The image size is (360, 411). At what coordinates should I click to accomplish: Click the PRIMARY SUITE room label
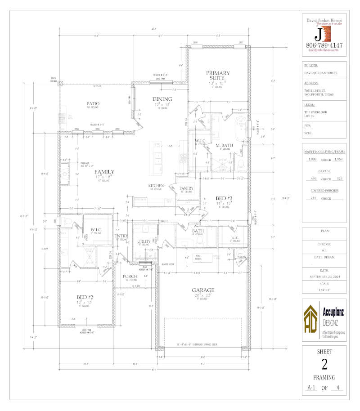[x=218, y=76]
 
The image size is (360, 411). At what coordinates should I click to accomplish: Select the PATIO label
[x=93, y=103]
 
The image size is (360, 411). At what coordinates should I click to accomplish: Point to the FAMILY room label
[x=104, y=171]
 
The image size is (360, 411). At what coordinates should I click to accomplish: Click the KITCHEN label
[x=156, y=185]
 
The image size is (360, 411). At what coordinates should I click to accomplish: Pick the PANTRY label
[x=186, y=188]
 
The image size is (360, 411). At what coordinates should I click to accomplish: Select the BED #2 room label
[x=85, y=297]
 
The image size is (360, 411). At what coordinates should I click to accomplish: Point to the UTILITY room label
[x=144, y=241]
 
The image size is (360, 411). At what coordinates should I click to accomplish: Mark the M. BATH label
[x=224, y=145]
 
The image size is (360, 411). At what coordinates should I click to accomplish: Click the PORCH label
[x=130, y=276]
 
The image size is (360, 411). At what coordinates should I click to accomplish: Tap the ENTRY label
[x=121, y=236]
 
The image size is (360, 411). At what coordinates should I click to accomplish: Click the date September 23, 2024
[x=324, y=277]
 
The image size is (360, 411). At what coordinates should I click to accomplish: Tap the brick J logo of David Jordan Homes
[x=323, y=33]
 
